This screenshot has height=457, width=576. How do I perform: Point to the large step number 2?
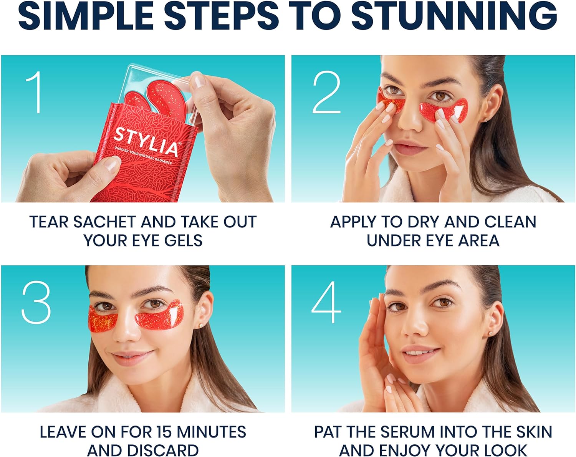(326, 93)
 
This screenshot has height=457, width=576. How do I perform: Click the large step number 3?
(36, 303)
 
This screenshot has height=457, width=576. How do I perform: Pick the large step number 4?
(326, 303)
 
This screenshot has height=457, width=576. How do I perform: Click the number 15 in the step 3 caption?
(164, 432)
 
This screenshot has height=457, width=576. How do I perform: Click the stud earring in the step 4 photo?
(490, 334)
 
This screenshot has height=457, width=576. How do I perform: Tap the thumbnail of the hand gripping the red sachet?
(112, 165)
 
